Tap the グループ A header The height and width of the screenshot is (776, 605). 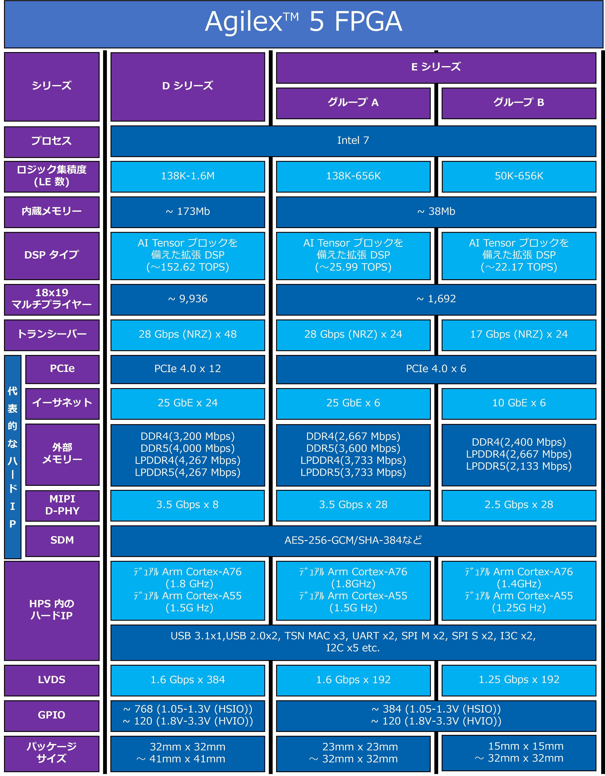click(x=353, y=103)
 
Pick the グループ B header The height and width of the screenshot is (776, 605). click(x=519, y=103)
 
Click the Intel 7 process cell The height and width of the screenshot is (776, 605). click(x=353, y=141)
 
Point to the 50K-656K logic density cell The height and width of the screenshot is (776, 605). click(x=519, y=176)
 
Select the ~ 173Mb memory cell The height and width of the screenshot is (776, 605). click(x=188, y=212)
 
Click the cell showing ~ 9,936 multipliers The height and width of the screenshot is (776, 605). click(x=188, y=299)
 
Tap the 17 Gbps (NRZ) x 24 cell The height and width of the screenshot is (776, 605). click(x=519, y=335)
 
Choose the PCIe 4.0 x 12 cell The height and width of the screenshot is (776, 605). click(x=188, y=369)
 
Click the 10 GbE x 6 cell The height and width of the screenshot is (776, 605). click(x=519, y=403)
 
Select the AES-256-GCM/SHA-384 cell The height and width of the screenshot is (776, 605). click(x=353, y=540)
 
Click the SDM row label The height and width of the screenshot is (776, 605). click(x=62, y=540)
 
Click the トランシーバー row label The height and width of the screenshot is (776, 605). click(x=52, y=335)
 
